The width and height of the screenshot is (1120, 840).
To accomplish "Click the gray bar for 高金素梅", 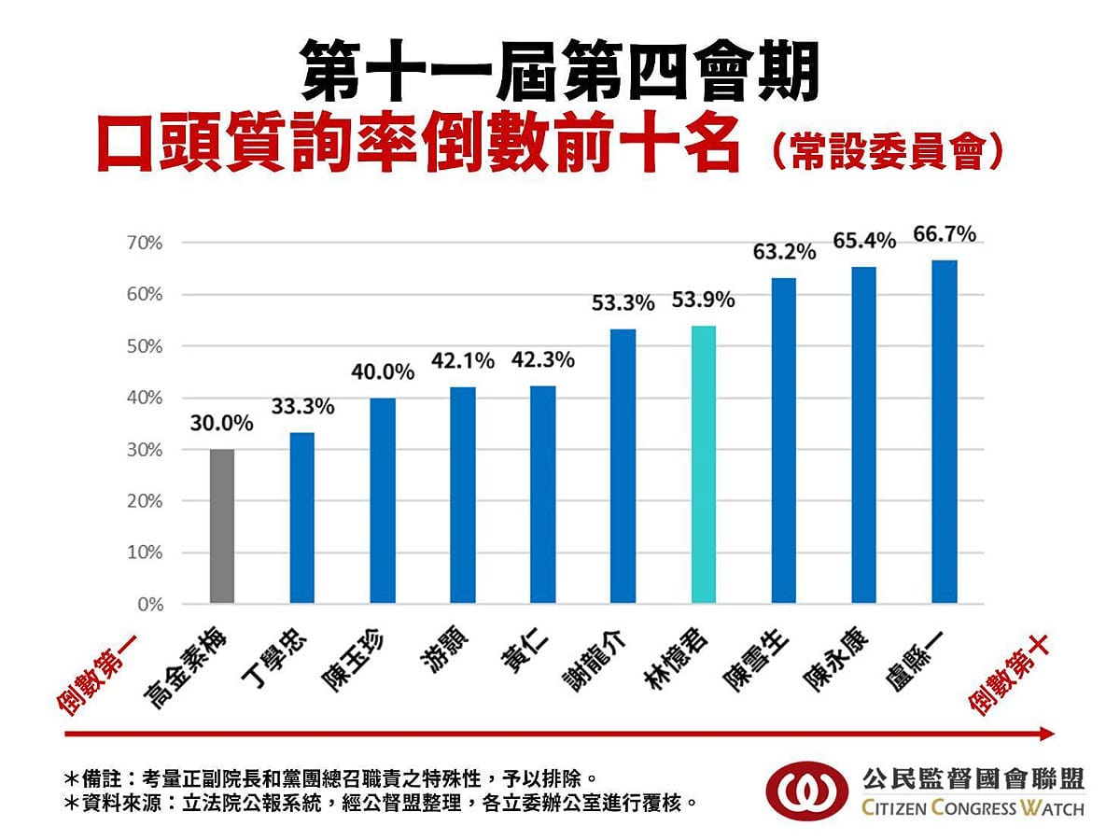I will pos(222,526).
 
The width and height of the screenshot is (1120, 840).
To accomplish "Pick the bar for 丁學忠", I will pos(302,518).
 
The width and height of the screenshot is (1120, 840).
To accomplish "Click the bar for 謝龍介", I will pos(623,467).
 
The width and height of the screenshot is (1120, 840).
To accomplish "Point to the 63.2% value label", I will pos(784,252).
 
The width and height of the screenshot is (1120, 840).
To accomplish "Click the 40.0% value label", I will pos(383,372).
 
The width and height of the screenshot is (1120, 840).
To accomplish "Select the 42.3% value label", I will pos(543,360).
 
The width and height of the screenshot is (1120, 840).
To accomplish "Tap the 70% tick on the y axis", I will pos(145,244).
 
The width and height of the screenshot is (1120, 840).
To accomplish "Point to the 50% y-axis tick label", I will pos(145,346).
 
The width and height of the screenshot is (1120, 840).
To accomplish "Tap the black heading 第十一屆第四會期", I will pos(560,71).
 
